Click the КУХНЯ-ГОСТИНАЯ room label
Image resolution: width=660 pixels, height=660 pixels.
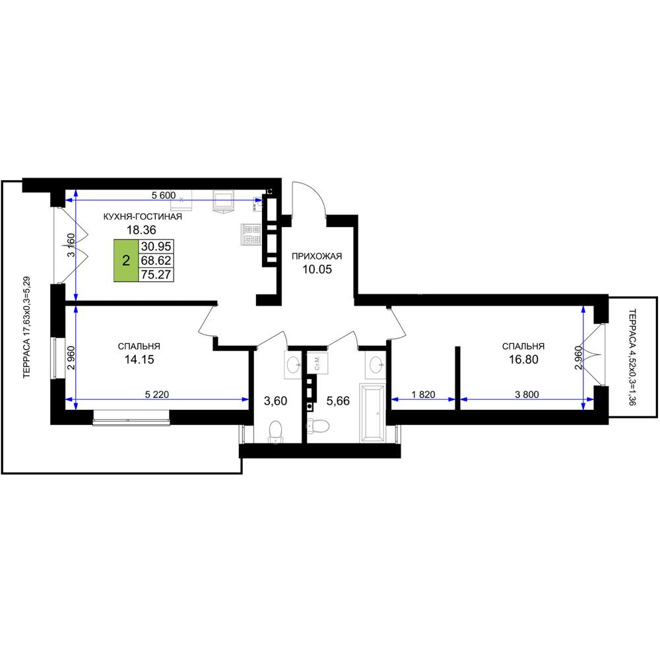coord(143,216)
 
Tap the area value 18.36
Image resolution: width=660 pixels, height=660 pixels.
coord(141,230)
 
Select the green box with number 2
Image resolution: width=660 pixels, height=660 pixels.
coord(126,261)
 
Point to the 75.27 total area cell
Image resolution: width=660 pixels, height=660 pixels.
coord(156,275)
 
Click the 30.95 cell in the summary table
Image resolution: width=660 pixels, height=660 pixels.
coord(156,247)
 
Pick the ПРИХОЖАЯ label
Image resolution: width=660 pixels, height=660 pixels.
coord(317,256)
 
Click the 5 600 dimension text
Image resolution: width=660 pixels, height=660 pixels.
coord(163,195)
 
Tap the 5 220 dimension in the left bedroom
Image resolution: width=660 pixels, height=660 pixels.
coord(157,395)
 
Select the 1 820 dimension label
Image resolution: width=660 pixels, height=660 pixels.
coord(424,395)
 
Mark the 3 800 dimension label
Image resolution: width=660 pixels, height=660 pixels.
coord(527,395)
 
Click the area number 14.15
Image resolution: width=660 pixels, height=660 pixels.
coord(139,360)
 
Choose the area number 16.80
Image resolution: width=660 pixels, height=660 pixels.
coord(523,360)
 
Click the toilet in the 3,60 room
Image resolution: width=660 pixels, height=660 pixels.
coord(275,432)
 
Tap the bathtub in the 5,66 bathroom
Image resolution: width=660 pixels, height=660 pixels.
coord(372,413)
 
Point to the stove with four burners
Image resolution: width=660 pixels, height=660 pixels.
coord(251,234)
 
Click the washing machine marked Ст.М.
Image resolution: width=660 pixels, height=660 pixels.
coord(318,362)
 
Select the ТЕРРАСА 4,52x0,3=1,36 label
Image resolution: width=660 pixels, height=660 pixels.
coord(632,357)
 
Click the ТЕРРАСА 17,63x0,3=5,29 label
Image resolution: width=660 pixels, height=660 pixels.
coord(27,327)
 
